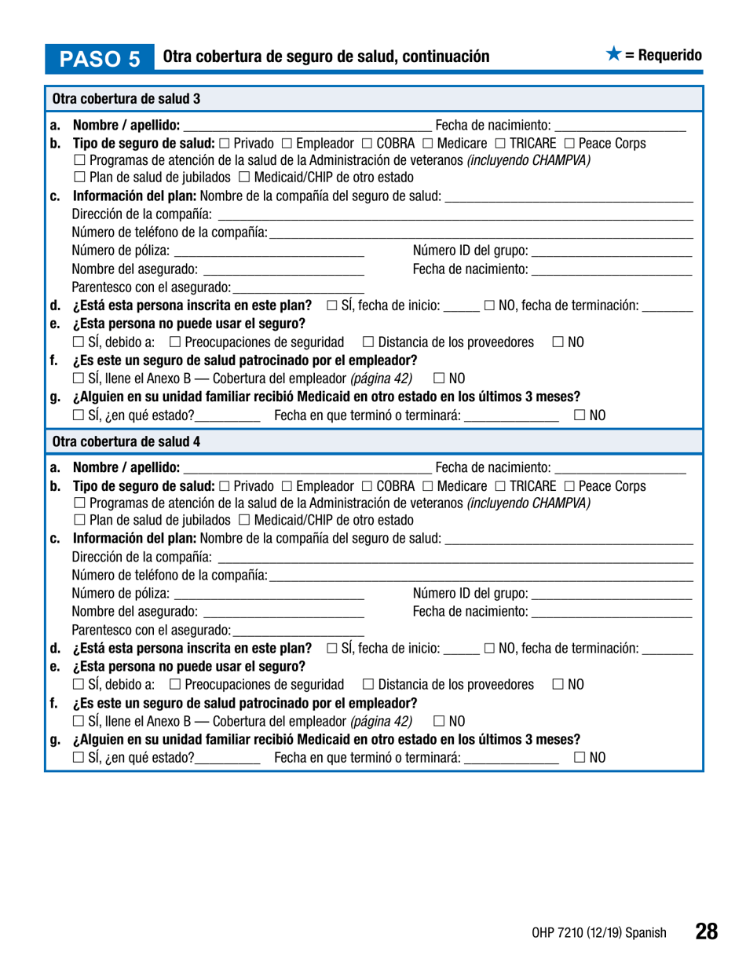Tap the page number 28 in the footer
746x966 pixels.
(x=706, y=931)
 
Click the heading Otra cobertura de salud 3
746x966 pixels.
(x=126, y=99)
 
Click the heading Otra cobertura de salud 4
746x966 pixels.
(x=126, y=441)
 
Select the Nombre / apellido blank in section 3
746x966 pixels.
(x=306, y=126)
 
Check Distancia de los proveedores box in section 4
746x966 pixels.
(x=368, y=684)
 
